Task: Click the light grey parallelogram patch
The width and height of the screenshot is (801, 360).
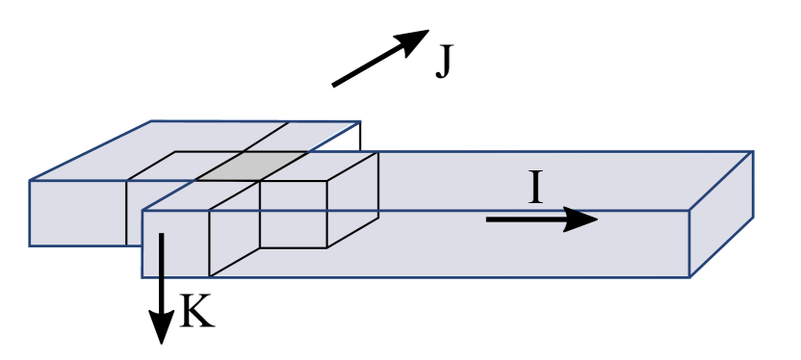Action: tap(252, 166)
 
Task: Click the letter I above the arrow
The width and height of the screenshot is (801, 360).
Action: tap(536, 187)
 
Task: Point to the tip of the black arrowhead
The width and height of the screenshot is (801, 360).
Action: tap(599, 219)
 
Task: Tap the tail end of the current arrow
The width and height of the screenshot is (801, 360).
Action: tap(487, 219)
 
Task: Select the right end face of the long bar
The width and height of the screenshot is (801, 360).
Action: tap(722, 214)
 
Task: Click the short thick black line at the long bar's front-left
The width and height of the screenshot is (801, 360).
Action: tap(162, 255)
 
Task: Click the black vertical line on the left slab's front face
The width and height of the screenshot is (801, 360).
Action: tap(126, 213)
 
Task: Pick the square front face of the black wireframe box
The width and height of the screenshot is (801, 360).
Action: tap(293, 214)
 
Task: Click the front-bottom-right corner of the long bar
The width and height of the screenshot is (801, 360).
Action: tap(690, 277)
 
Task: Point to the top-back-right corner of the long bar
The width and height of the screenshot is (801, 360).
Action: tap(752, 152)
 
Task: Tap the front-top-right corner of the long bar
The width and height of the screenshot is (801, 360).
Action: tap(690, 210)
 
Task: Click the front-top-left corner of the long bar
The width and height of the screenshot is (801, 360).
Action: tap(142, 209)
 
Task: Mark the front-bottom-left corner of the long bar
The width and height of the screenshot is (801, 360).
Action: tap(142, 277)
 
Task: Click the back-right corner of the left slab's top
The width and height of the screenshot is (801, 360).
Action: tap(361, 121)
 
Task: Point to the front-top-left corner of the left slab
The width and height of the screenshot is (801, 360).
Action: tap(30, 180)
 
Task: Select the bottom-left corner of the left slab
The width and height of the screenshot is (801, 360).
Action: tap(30, 245)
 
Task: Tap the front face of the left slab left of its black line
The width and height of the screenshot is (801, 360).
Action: tap(77, 213)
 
